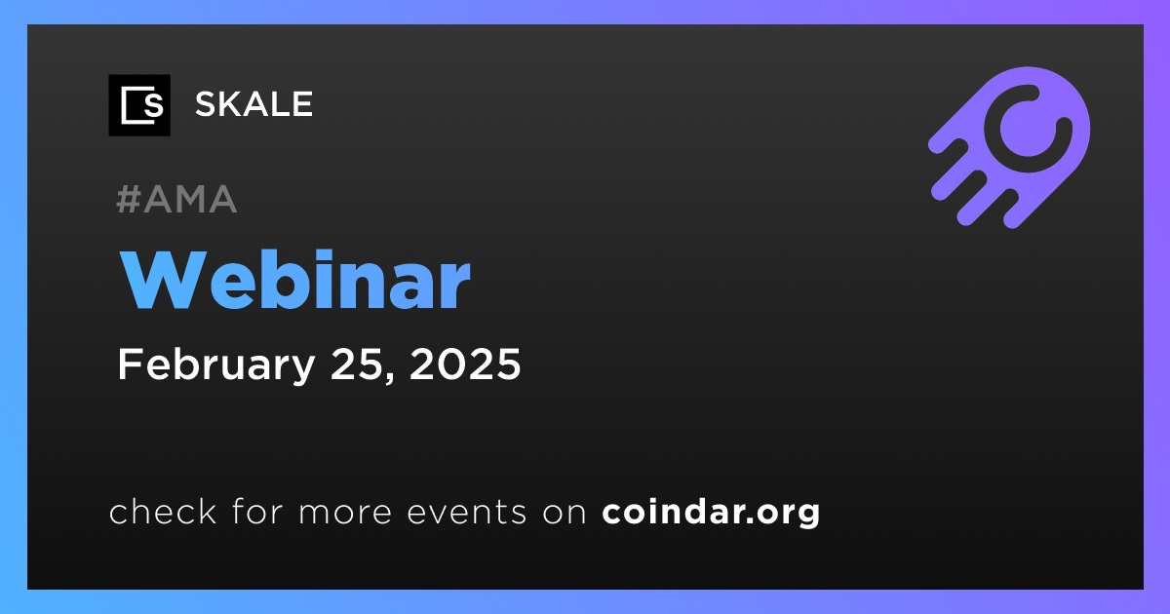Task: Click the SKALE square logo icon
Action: tap(139, 105)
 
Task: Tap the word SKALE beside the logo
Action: tap(253, 104)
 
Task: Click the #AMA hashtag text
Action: tap(177, 199)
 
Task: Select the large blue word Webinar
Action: tap(295, 281)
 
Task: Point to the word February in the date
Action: tap(215, 365)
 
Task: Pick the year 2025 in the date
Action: tap(465, 364)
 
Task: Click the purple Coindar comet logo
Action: tap(1009, 147)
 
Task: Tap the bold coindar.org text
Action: tap(711, 512)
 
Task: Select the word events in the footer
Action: tap(467, 512)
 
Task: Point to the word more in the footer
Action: tap(345, 513)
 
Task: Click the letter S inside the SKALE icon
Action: tap(154, 106)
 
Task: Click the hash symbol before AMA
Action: tap(128, 199)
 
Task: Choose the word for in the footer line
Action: tap(257, 511)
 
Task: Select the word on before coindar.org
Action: tap(565, 513)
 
